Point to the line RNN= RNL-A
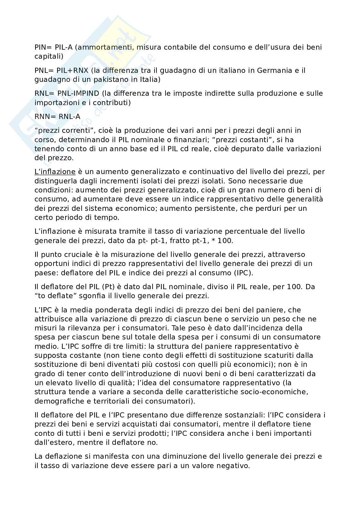pos(57,116)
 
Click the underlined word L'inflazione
pos(55,172)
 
